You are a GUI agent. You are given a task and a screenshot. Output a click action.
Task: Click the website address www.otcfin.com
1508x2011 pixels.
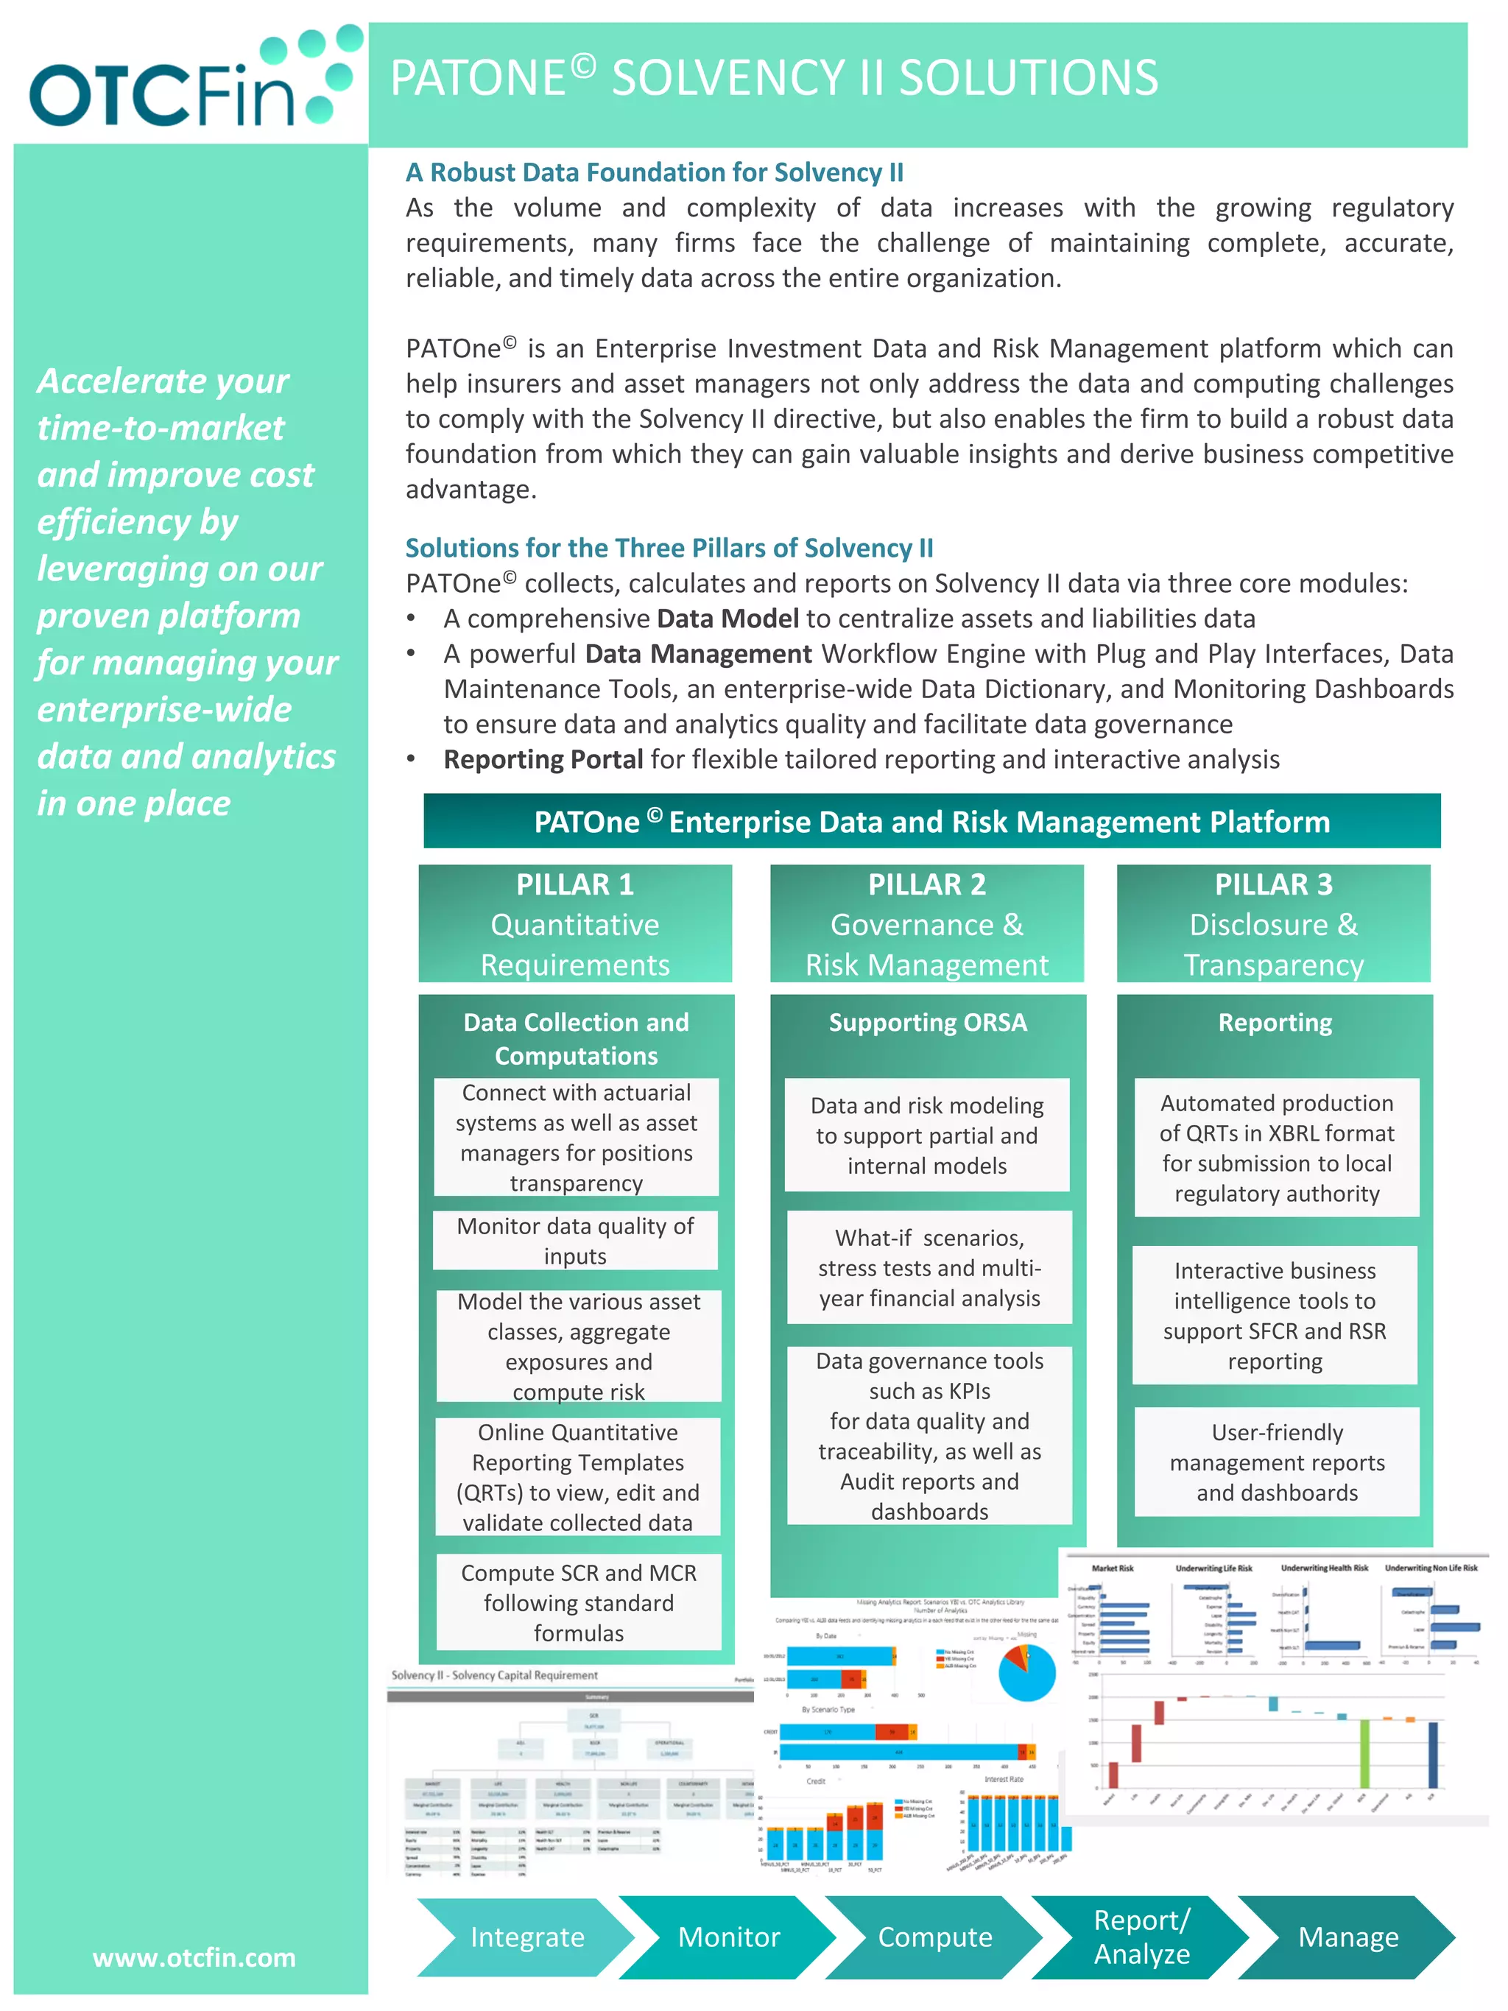tap(194, 1957)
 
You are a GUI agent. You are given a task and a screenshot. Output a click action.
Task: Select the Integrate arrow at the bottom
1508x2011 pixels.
tap(526, 1937)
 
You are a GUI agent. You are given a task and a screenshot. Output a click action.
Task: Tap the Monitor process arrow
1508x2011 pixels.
tap(728, 1937)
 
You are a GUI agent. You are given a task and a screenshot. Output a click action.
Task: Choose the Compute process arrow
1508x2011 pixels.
tap(934, 1937)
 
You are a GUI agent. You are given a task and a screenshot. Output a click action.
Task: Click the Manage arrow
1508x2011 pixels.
tap(1347, 1937)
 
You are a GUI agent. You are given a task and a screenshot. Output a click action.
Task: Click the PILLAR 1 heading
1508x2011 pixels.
tap(574, 884)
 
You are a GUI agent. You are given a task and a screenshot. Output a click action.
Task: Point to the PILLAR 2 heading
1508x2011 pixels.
tap(926, 884)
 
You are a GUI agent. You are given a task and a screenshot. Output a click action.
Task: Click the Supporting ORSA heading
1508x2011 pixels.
tap(927, 1022)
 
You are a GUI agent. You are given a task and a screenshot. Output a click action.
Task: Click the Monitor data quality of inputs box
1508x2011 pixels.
tap(574, 1240)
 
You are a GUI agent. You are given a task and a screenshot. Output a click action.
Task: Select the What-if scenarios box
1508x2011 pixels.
tap(929, 1267)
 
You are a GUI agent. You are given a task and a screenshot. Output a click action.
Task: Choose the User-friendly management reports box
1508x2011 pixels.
tap(1276, 1462)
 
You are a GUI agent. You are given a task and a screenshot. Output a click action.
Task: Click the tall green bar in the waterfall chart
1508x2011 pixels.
tap(1364, 1753)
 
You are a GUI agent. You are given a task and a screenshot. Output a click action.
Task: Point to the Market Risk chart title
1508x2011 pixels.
tap(1112, 1568)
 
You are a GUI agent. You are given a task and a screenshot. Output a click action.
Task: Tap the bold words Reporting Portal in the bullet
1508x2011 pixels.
tap(543, 759)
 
